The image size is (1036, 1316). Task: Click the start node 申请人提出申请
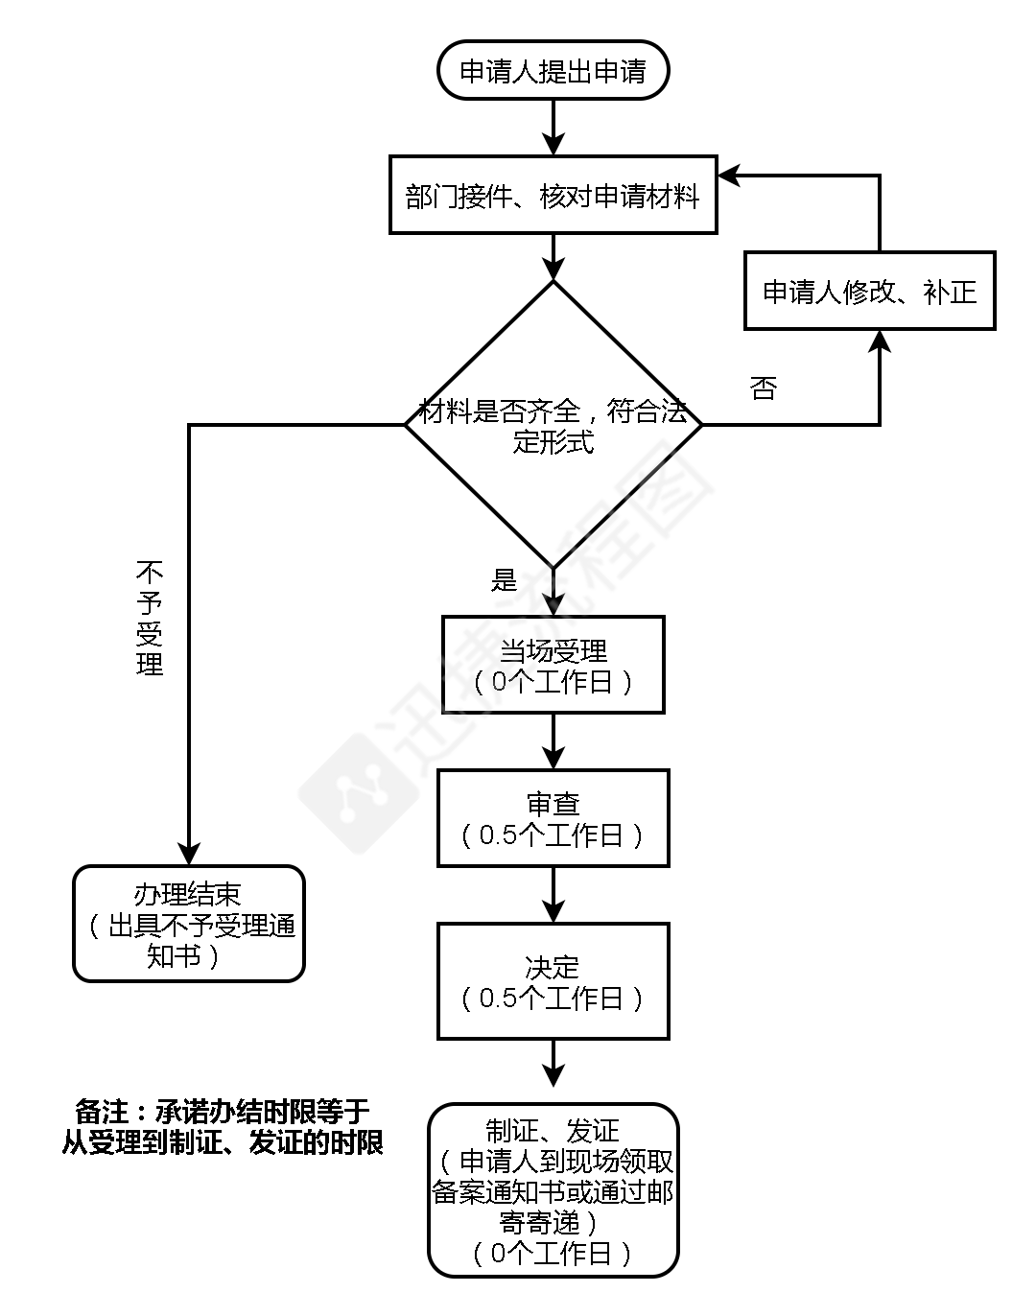(x=553, y=70)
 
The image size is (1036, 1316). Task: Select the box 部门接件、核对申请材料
(x=553, y=195)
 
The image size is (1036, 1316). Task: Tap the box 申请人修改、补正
(x=869, y=291)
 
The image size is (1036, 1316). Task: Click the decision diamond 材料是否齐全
(x=553, y=425)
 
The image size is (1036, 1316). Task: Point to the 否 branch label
(x=763, y=388)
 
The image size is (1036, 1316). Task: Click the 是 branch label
(x=505, y=580)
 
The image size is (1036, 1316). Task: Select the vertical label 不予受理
(x=151, y=619)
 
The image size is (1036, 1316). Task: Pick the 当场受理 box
(x=553, y=665)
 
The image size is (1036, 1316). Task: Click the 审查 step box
(x=553, y=818)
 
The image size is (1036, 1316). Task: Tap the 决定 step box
(x=553, y=981)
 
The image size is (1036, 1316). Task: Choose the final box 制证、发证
(x=553, y=1190)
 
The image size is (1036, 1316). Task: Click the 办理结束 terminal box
(x=189, y=924)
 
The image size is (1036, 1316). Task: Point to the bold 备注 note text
(x=223, y=1126)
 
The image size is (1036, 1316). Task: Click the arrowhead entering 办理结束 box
(x=189, y=854)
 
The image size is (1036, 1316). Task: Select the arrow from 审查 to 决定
(x=553, y=896)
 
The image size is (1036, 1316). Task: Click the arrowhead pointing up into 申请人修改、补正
(x=880, y=341)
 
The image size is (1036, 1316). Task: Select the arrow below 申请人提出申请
(x=553, y=128)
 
